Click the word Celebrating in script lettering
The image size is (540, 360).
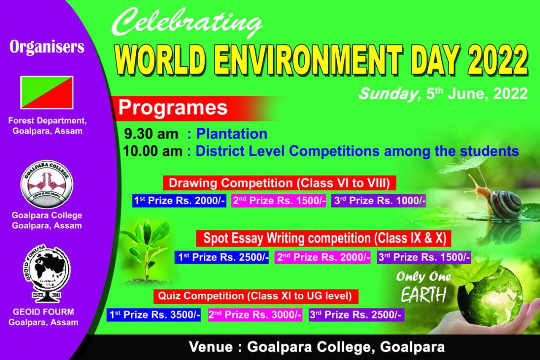pos(187,23)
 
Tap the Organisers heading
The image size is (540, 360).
pos(47,47)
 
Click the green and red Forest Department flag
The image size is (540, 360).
pos(47,92)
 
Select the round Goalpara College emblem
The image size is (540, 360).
pos(47,184)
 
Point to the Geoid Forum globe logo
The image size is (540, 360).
pos(47,273)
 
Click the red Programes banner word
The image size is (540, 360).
pos(173,108)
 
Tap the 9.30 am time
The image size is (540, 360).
pos(151,134)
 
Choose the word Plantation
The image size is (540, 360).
pos(232,134)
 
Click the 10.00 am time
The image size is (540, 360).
pos(153,151)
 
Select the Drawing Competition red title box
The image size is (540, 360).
pos(279,183)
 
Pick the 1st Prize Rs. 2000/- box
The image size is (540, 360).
pos(179,200)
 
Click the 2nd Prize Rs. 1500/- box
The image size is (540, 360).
pos(278,200)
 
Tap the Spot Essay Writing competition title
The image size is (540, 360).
pos(324,238)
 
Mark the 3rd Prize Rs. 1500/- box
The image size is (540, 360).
pos(424,257)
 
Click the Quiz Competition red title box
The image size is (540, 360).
pos(256,296)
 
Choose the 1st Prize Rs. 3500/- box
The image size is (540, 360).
pos(154,315)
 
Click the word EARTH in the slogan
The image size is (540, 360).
pos(424,295)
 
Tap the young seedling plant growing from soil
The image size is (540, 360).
pos(146,251)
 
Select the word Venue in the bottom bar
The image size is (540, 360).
pos(211,347)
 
